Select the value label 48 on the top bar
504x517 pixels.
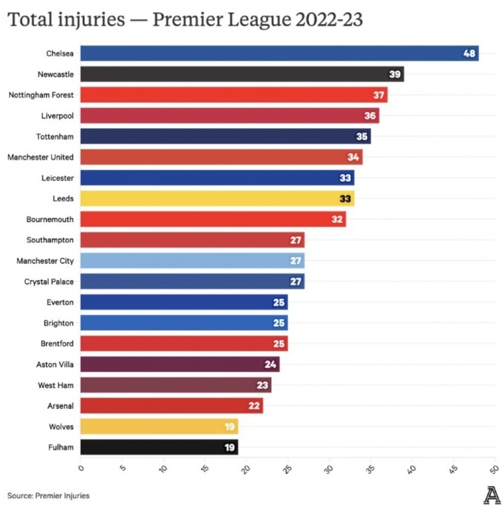tap(470, 54)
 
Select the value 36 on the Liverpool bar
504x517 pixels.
tap(370, 116)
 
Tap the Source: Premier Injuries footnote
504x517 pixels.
tap(48, 496)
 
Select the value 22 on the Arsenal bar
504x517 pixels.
tap(254, 406)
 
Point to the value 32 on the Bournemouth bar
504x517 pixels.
tap(337, 220)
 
